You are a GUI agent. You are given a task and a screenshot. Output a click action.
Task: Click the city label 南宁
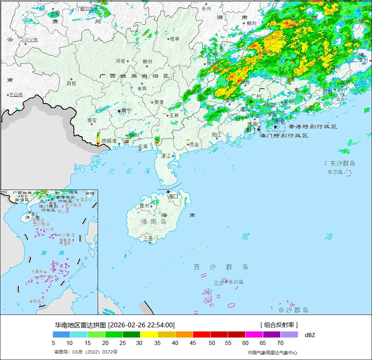[x=127, y=111]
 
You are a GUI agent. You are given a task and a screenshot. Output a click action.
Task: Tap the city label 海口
[x=172, y=196]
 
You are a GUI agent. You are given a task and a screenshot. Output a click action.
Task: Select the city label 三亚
[x=148, y=238]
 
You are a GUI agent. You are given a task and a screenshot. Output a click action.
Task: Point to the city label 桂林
[x=175, y=39]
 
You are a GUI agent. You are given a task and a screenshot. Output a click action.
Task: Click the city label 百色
[x=71, y=83]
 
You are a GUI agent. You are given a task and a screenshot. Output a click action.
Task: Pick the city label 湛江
[x=166, y=156]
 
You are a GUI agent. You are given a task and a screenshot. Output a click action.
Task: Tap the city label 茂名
[x=194, y=145]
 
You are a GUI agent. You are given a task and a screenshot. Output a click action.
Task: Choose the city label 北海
[x=143, y=146]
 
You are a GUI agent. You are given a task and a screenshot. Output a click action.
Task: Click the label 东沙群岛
[x=342, y=163]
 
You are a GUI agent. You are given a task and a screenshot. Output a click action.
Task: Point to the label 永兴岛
[x=236, y=282]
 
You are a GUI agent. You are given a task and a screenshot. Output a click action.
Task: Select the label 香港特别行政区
[x=313, y=127]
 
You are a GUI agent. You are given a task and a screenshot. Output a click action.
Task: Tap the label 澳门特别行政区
[x=284, y=136]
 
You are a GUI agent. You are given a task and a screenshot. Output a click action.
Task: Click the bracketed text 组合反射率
[x=279, y=325]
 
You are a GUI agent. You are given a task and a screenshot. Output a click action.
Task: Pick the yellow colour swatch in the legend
[x=149, y=334]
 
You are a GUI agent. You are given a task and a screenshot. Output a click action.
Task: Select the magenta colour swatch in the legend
[x=254, y=334]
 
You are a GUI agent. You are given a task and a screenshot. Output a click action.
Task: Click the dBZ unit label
[x=310, y=335]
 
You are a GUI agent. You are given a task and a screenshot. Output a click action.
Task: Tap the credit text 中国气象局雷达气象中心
[x=272, y=352]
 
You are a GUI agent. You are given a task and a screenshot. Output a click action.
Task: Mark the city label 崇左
[x=92, y=121]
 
